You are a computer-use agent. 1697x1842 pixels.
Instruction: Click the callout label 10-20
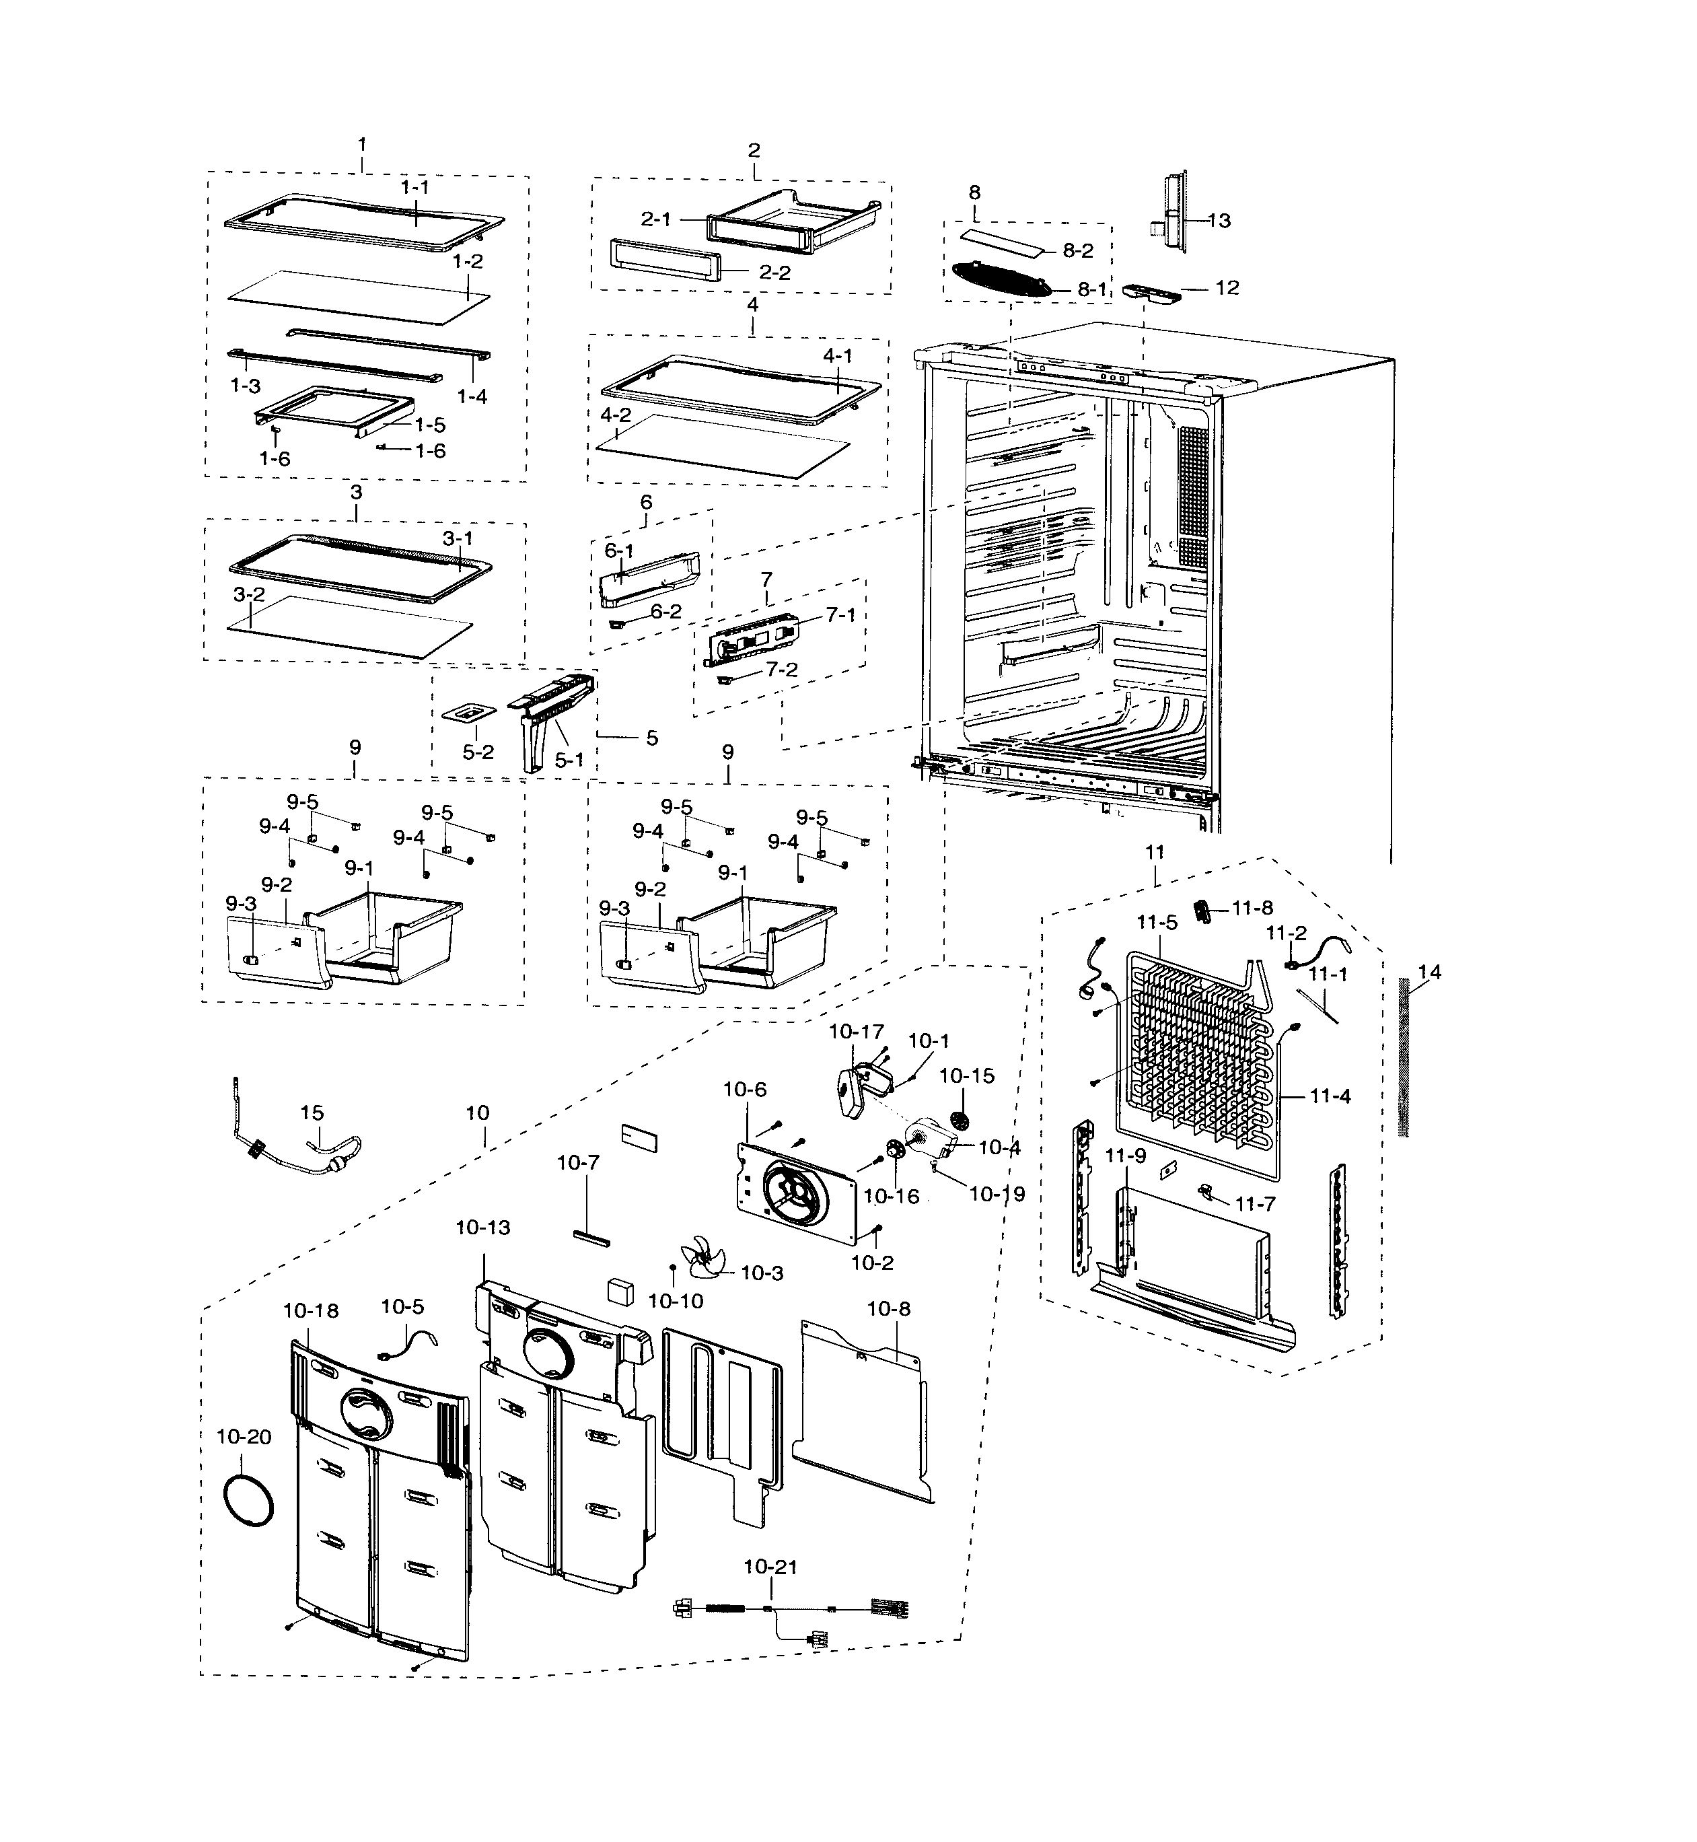tap(244, 1437)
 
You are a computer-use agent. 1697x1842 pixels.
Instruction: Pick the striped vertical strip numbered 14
tap(1402, 1057)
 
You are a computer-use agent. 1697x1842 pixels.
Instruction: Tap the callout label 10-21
tap(770, 1567)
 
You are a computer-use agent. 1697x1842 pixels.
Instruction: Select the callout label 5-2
tap(478, 752)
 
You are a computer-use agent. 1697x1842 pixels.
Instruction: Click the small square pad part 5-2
tap(469, 713)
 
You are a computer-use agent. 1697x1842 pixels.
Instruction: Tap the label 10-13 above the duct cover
tap(483, 1228)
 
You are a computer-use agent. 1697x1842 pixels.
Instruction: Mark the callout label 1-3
tap(245, 386)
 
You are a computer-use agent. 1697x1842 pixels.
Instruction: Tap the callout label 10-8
tap(888, 1308)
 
